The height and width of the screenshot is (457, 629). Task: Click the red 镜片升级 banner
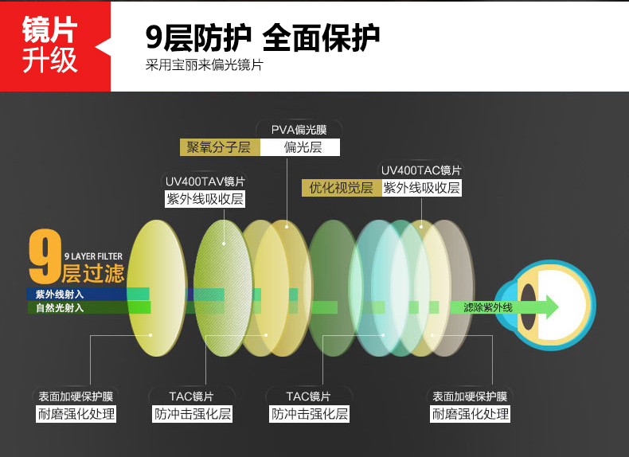(x=55, y=46)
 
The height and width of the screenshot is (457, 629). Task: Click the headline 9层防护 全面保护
(x=263, y=37)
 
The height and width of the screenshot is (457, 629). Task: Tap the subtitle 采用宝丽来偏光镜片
(x=204, y=65)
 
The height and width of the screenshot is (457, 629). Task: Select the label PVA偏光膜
(x=299, y=130)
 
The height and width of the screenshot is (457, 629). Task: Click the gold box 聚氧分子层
(x=220, y=147)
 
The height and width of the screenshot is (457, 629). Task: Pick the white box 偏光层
(x=300, y=147)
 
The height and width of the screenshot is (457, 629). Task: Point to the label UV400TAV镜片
(x=205, y=182)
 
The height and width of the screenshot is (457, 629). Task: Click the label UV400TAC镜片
(x=421, y=170)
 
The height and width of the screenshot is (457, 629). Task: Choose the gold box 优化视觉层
(x=342, y=188)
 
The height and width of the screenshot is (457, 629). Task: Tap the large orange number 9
(x=45, y=256)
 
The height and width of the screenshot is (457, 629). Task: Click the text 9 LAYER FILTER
(x=93, y=256)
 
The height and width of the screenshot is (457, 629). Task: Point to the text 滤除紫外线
(x=488, y=308)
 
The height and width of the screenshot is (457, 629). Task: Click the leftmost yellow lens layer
(x=157, y=288)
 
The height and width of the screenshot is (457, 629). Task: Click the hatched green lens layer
(x=223, y=288)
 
